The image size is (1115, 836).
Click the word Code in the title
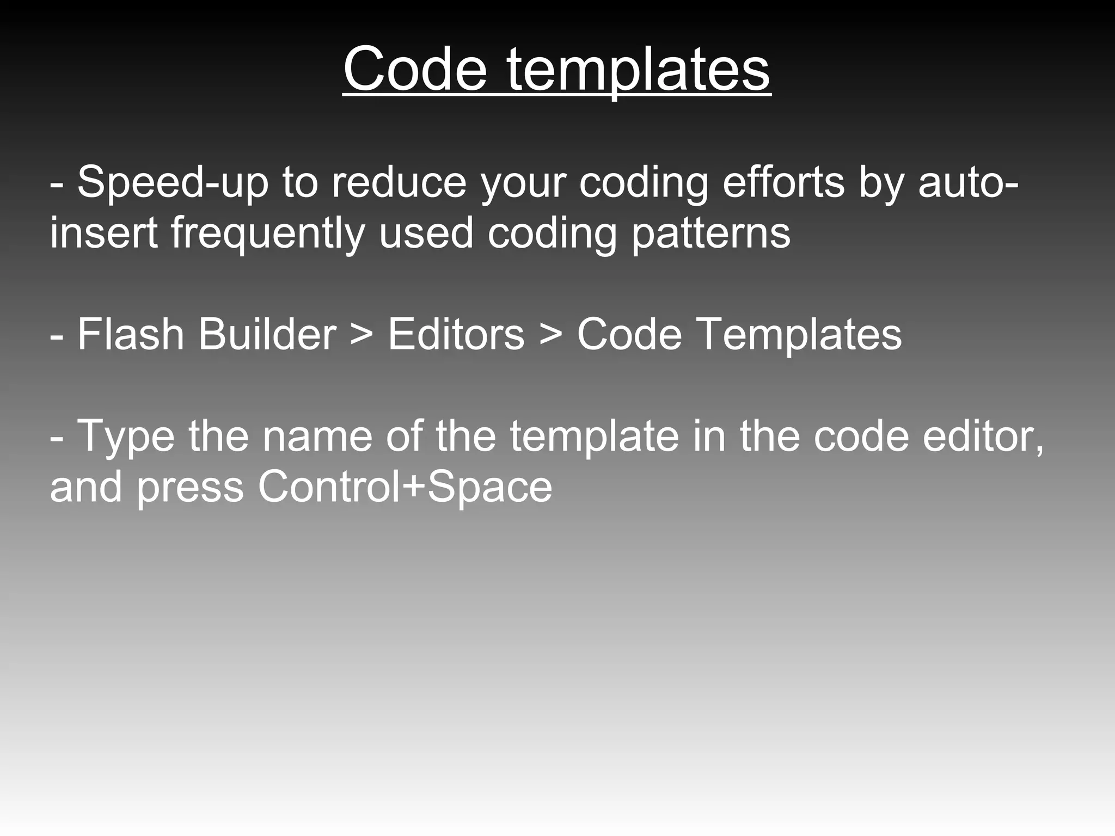(x=415, y=70)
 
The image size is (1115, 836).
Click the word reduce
(x=399, y=183)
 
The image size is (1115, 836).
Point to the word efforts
(x=783, y=183)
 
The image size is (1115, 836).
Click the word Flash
(x=131, y=334)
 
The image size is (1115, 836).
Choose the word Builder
(x=267, y=334)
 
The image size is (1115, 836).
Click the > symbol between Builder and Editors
(x=362, y=335)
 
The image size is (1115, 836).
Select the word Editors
(x=456, y=334)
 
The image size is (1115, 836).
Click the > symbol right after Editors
(x=550, y=335)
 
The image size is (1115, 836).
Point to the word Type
(x=126, y=437)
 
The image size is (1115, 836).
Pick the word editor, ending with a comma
(x=983, y=437)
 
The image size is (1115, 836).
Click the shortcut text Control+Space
(x=405, y=486)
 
